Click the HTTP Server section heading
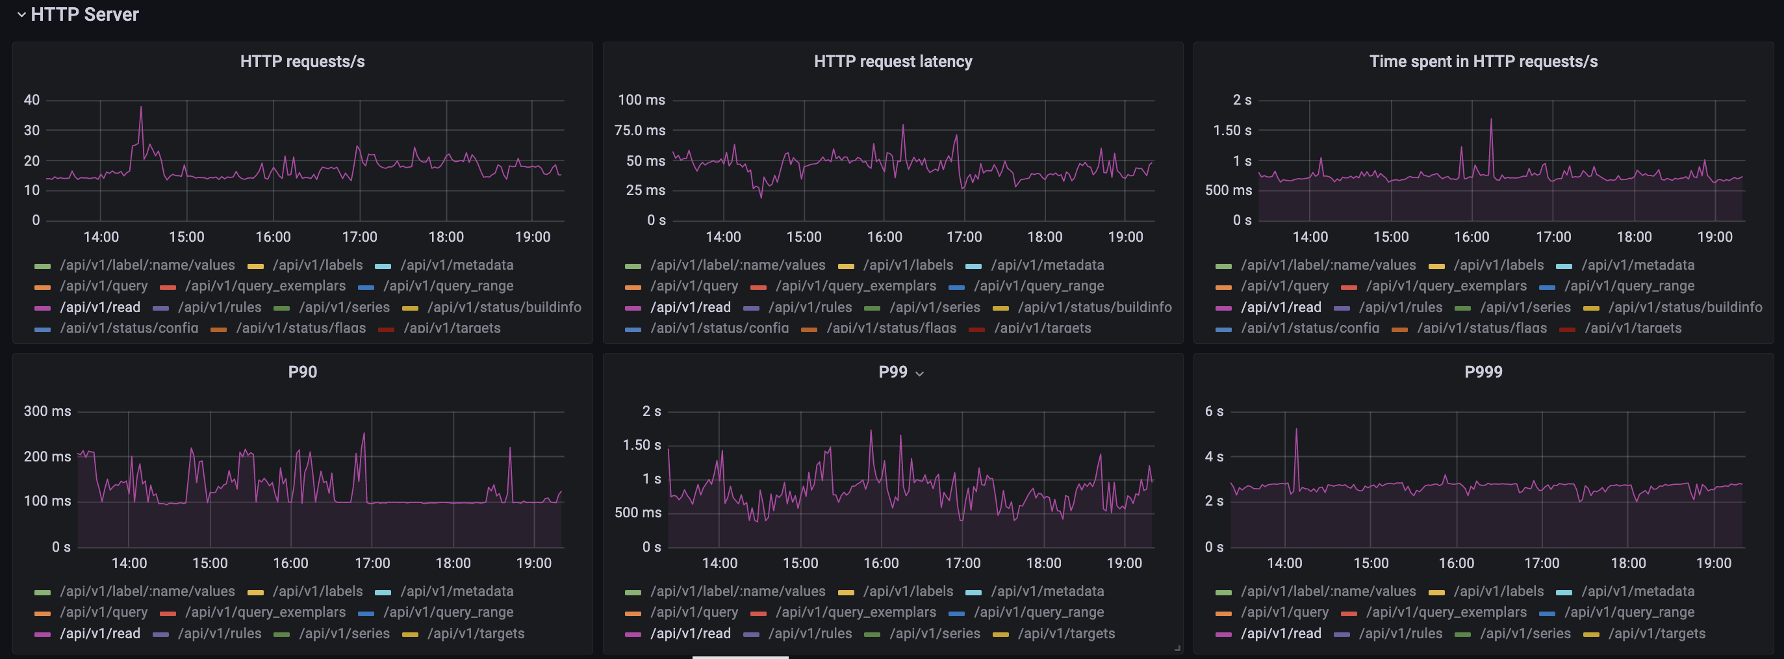pos(84,14)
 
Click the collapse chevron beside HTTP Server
pos(21,14)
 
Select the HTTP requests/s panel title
pos(302,62)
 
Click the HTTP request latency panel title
pos(893,62)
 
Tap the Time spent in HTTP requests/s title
pos(1483,62)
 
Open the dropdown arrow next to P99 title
pos(920,374)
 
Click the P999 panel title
pos(1483,372)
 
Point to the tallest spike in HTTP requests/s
pos(140,108)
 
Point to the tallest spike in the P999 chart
pos(1297,430)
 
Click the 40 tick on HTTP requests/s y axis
pos(32,100)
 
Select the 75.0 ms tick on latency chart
pos(640,130)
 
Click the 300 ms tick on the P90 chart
pos(47,411)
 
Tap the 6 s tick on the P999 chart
pos(1214,411)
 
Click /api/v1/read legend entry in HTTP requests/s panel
pos(100,307)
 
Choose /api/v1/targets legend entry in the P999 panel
pos(1657,634)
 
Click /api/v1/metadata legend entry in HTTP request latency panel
pos(1047,265)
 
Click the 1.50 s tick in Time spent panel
pos(1232,130)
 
